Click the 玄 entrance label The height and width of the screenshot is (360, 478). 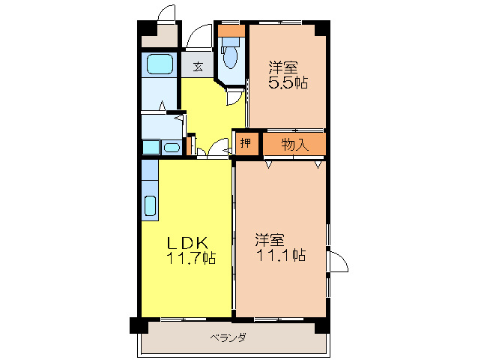tap(198, 67)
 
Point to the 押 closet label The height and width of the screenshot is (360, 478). tap(245, 144)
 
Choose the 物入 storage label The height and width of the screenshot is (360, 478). tap(295, 144)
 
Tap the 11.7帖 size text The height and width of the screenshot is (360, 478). tap(191, 259)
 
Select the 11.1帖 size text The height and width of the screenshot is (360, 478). tap(279, 256)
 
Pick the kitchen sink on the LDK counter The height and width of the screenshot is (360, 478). tap(149, 205)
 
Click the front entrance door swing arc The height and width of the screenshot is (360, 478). tap(200, 36)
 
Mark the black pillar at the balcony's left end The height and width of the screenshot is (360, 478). tap(139, 325)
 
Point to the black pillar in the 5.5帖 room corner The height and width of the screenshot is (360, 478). tap(321, 28)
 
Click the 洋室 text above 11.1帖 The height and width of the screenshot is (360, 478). tap(269, 240)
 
